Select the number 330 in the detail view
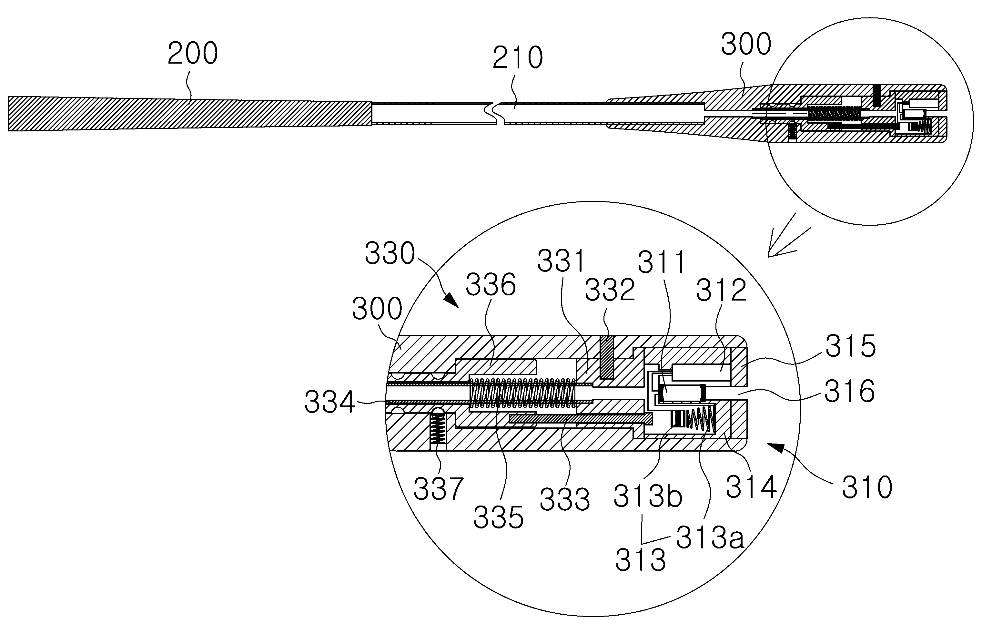pyautogui.click(x=390, y=253)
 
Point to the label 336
pyautogui.click(x=491, y=285)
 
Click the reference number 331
pyautogui.click(x=562, y=261)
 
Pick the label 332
pyautogui.click(x=610, y=290)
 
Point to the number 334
pyautogui.click(x=330, y=403)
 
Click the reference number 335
pyautogui.click(x=498, y=517)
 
